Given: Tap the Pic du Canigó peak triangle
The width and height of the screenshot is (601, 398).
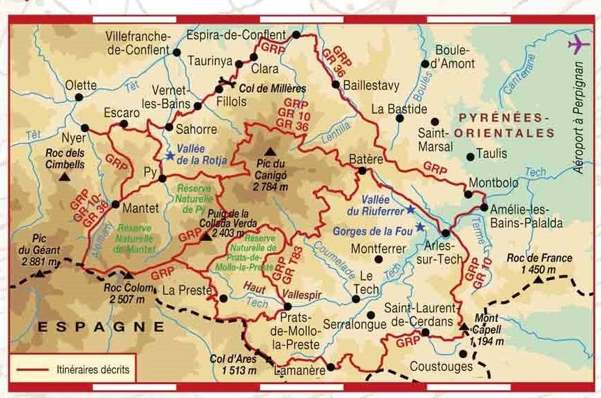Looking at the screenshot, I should tap(270, 152).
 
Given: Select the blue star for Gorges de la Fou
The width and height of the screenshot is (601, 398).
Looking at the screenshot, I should tap(420, 226).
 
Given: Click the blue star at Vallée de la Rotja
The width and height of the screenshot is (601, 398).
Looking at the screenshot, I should tap(169, 156).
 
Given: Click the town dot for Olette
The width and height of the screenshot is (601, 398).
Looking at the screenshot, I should tap(79, 97).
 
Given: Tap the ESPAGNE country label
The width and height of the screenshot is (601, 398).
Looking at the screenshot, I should tap(101, 326).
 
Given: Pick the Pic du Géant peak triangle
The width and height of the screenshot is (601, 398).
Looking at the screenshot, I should tap(41, 271).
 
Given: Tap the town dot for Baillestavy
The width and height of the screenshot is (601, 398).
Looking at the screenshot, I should tap(335, 85).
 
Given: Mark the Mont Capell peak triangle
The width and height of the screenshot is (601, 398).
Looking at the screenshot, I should tap(464, 325).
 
